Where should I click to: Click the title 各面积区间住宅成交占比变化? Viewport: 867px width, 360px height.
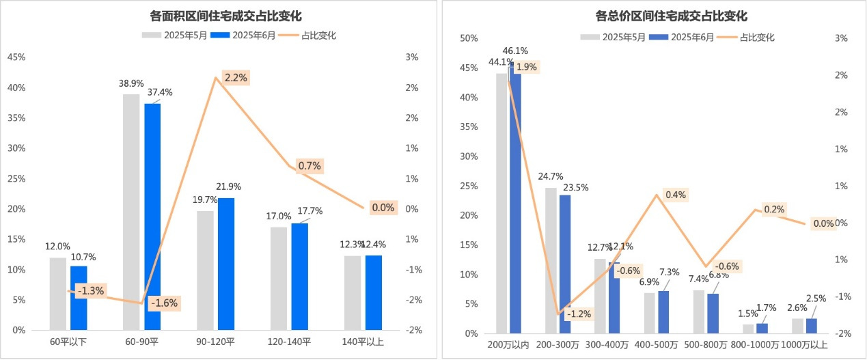click(225, 16)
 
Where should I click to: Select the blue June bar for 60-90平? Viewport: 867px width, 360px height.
click(152, 216)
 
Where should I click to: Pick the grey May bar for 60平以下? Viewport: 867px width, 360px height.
click(58, 294)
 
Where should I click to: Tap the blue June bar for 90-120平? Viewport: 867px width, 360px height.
click(226, 264)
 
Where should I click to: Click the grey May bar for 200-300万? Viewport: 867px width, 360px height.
click(551, 260)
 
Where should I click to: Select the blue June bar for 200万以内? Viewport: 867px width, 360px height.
click(516, 198)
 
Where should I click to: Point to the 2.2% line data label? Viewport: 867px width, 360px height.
click(235, 78)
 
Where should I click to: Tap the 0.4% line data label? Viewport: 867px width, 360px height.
click(675, 195)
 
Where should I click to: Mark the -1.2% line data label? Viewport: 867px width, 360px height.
click(579, 314)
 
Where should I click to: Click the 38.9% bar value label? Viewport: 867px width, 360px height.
click(131, 83)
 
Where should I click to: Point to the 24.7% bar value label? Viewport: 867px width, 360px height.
click(550, 176)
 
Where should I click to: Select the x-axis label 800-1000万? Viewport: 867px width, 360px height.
click(756, 345)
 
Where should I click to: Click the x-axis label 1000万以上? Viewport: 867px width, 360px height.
click(804, 345)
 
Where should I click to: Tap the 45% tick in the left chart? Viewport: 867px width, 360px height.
click(16, 57)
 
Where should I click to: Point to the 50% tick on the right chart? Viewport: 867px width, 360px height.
click(468, 39)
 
